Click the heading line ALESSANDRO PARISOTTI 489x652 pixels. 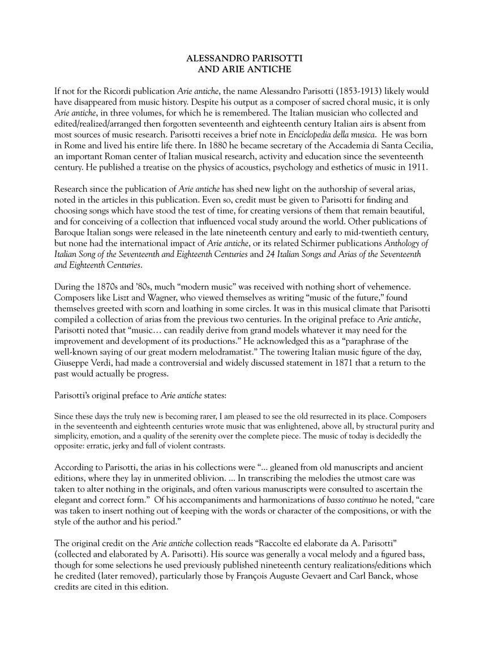point(244,59)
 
